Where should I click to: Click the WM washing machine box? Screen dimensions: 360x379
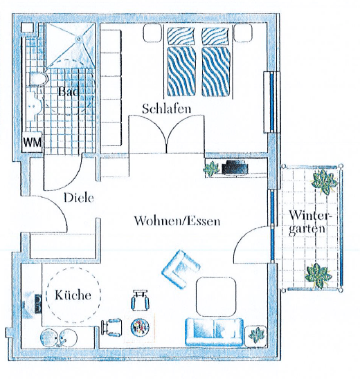click(x=32, y=142)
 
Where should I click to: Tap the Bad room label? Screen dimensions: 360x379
click(x=69, y=92)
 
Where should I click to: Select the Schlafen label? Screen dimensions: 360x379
click(x=166, y=109)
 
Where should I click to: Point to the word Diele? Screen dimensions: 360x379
click(x=79, y=198)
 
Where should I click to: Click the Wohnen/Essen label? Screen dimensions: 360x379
click(x=177, y=221)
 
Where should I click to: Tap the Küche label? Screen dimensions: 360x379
click(x=73, y=295)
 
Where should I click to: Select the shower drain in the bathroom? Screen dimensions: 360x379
click(x=79, y=39)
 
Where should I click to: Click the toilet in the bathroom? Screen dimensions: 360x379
click(x=38, y=79)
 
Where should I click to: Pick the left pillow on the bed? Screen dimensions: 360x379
click(x=181, y=36)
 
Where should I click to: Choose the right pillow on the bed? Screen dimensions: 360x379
click(x=215, y=36)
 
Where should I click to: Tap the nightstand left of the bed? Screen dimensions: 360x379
click(x=152, y=33)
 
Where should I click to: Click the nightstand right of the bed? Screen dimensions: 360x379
click(x=243, y=33)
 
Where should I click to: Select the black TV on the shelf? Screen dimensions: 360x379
click(x=235, y=167)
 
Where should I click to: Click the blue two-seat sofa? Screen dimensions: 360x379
click(x=214, y=332)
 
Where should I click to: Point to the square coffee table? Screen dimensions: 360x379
click(x=216, y=297)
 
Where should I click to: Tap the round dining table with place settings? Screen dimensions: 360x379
click(x=140, y=328)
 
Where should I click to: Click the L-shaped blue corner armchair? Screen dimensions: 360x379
click(x=181, y=269)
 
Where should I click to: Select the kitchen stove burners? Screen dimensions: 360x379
click(x=38, y=304)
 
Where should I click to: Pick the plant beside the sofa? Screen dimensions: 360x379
click(x=255, y=336)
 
